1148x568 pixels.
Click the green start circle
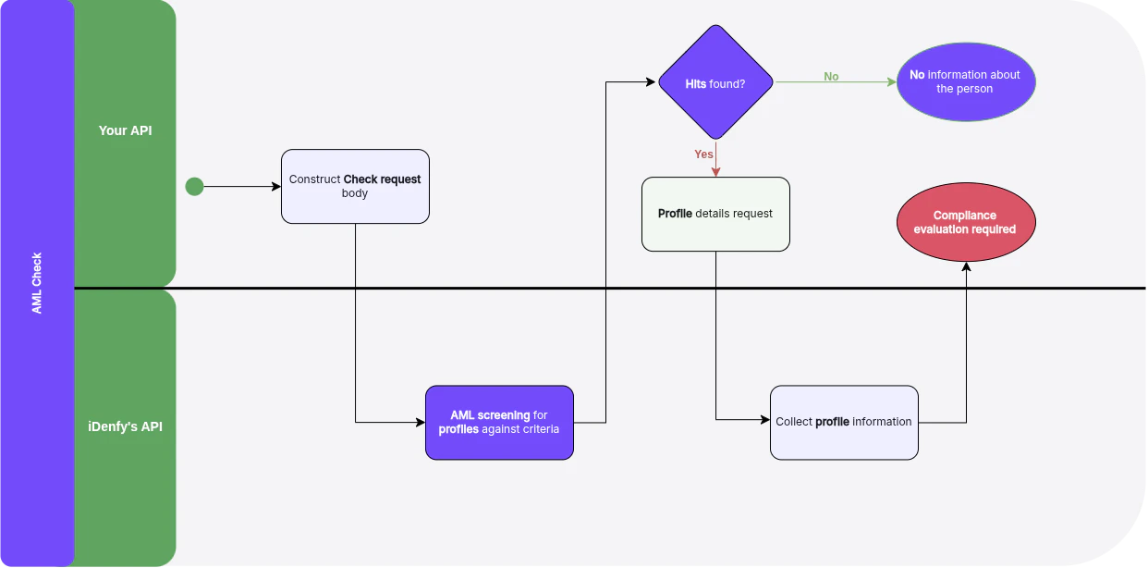(194, 187)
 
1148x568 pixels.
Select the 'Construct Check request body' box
(355, 186)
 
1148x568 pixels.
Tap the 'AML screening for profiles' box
(499, 422)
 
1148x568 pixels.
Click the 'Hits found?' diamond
(715, 82)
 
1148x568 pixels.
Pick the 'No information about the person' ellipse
(966, 82)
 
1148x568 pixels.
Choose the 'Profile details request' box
(715, 214)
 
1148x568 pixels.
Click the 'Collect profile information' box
(844, 422)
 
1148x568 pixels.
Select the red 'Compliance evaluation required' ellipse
(966, 222)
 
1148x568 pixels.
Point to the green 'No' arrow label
(831, 77)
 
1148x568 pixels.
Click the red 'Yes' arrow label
(703, 154)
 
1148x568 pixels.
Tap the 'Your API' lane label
(125, 130)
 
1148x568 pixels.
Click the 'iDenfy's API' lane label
(125, 426)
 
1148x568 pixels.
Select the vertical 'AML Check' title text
(37, 283)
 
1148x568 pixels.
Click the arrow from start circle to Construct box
(240, 187)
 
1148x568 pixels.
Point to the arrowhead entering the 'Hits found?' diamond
(651, 82)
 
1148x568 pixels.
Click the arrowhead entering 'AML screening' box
(420, 423)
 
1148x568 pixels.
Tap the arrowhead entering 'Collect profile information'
(764, 420)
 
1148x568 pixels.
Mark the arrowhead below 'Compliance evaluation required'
(966, 267)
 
